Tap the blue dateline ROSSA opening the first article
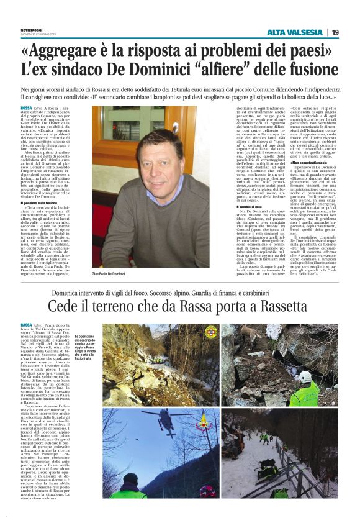(27, 108)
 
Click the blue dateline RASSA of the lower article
(27, 324)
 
